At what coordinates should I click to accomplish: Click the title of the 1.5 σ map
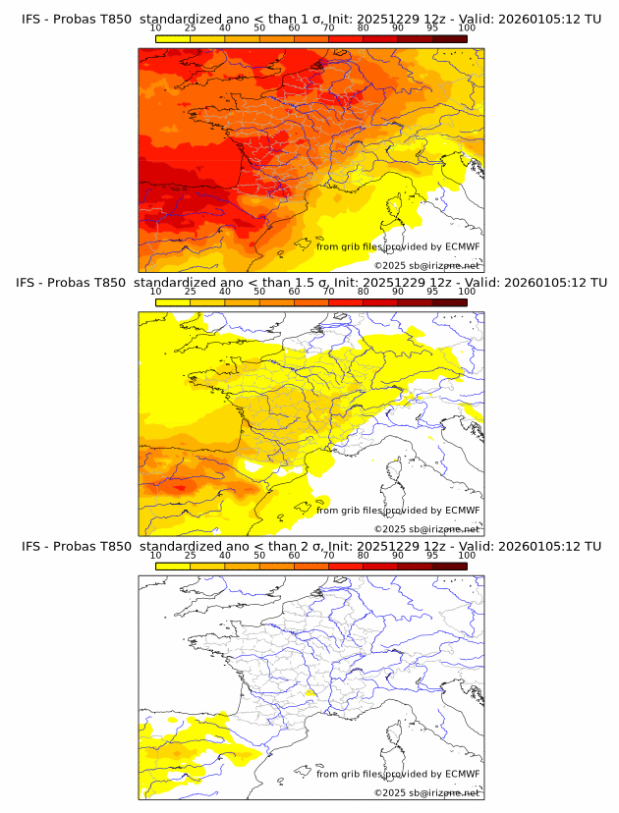click(310, 283)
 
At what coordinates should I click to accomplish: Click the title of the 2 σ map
click(310, 546)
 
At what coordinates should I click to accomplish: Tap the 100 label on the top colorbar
click(467, 28)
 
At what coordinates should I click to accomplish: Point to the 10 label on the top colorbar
click(156, 28)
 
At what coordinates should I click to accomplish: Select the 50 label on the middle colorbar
click(259, 292)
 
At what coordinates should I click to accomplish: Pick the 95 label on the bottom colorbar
click(432, 555)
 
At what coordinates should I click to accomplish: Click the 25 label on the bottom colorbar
click(191, 555)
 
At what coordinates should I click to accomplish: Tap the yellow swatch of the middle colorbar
click(173, 302)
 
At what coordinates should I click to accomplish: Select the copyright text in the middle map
click(427, 529)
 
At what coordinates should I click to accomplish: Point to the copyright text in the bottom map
click(427, 792)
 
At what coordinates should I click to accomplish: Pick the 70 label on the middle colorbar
click(328, 292)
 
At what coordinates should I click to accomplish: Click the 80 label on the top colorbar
click(364, 28)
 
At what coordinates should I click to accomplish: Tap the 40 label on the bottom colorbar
click(225, 555)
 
